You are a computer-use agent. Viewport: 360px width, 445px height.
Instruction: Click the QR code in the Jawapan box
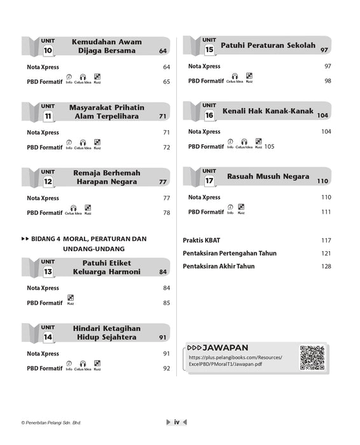[312, 358]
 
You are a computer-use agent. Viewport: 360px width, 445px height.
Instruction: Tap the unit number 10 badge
[48, 50]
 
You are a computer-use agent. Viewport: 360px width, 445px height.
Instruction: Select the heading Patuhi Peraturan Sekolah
[268, 46]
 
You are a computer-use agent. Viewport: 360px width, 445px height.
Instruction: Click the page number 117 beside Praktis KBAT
[326, 240]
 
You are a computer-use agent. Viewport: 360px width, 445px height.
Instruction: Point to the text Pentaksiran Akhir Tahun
[218, 266]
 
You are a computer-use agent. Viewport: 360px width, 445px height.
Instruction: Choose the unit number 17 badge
[209, 180]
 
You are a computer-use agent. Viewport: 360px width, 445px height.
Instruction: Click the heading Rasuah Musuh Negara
[268, 176]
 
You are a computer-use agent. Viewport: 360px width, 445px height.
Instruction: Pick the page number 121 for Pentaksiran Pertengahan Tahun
[326, 253]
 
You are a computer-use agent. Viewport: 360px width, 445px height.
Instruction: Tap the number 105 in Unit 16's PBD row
[270, 146]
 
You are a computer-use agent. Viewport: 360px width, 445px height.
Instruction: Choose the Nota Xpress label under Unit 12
[43, 198]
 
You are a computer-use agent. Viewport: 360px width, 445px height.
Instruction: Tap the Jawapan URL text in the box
[235, 361]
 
